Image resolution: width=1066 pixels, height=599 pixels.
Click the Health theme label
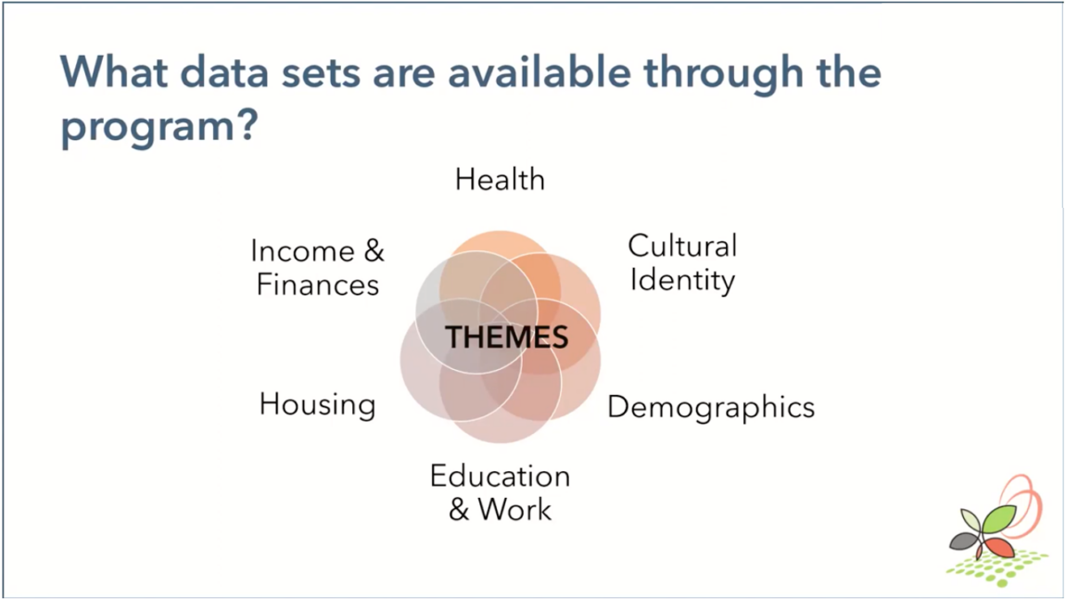click(500, 180)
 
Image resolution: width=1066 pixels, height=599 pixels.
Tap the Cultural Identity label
click(682, 263)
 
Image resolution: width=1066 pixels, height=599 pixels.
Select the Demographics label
click(710, 408)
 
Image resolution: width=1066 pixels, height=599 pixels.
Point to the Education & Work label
click(500, 493)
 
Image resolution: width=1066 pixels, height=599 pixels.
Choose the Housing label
click(318, 405)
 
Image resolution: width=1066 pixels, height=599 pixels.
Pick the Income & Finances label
click(318, 267)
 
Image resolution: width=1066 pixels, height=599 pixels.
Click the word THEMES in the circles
click(506, 338)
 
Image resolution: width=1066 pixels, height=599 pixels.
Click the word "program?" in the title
click(159, 127)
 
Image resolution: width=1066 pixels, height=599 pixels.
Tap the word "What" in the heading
click(113, 71)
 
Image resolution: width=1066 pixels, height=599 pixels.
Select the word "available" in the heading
click(539, 71)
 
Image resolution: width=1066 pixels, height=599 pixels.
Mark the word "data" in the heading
click(224, 71)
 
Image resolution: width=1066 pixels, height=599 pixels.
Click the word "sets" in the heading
click(321, 72)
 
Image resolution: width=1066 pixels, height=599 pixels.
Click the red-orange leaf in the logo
click(998, 547)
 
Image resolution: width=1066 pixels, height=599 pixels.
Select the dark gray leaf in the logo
click(964, 542)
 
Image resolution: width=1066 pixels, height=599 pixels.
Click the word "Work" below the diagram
click(514, 509)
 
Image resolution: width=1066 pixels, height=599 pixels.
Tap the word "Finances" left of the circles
click(318, 285)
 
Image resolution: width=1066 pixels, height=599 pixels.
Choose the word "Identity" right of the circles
click(682, 280)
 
